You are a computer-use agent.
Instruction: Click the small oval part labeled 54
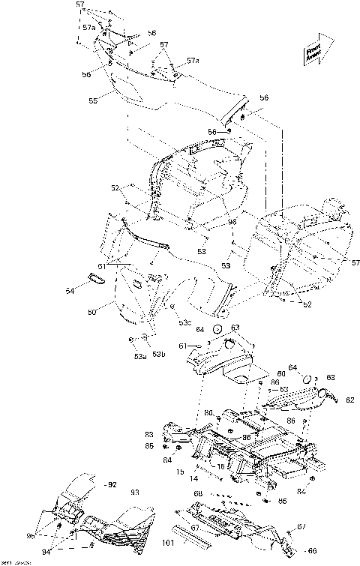click(96, 278)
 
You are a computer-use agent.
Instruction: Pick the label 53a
click(139, 357)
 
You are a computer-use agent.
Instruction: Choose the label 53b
click(158, 354)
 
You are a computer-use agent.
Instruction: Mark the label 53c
click(184, 323)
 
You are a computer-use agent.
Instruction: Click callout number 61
click(181, 345)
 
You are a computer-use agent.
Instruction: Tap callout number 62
click(349, 400)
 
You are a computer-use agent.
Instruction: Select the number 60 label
click(282, 373)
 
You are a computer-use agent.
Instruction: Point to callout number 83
click(148, 435)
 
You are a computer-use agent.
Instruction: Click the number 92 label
click(112, 485)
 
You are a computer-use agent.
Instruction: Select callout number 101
click(168, 544)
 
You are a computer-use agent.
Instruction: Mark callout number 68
click(198, 493)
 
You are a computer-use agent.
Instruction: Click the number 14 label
click(193, 478)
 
